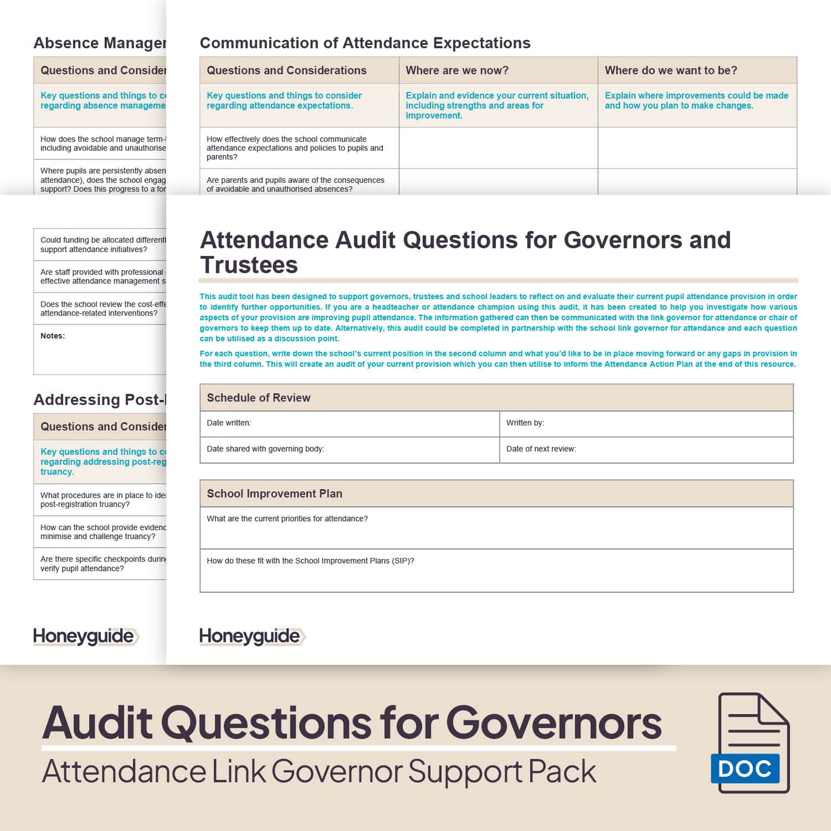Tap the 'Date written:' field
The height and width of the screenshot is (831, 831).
click(349, 423)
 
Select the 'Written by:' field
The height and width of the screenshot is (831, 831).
click(646, 423)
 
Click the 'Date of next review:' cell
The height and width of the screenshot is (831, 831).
click(646, 449)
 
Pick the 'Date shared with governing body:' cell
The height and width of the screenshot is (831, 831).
click(349, 449)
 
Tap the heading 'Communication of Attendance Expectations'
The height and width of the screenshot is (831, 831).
click(365, 43)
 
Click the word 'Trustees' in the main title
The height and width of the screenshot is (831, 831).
click(249, 265)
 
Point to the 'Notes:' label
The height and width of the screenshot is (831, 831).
click(53, 336)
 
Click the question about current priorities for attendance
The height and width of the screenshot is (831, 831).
click(287, 519)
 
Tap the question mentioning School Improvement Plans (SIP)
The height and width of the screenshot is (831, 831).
click(310, 561)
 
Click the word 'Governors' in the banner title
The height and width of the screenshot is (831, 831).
click(554, 723)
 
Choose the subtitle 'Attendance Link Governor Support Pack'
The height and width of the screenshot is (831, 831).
click(319, 772)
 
